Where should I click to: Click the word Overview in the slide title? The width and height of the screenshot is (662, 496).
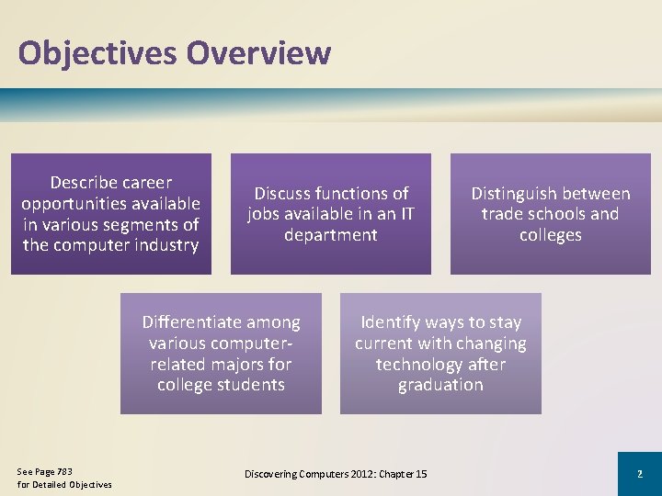pyautogui.click(x=258, y=53)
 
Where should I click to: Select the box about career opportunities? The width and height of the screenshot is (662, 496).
pyautogui.click(x=111, y=213)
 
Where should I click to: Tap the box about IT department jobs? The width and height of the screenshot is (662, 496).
pyautogui.click(x=330, y=213)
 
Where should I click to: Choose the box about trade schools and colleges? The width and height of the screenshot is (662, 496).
pyautogui.click(x=550, y=213)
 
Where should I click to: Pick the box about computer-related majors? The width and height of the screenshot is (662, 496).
pyautogui.click(x=221, y=354)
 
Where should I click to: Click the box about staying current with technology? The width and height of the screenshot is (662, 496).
pyautogui.click(x=440, y=354)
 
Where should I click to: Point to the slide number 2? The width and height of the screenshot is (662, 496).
pyautogui.click(x=639, y=474)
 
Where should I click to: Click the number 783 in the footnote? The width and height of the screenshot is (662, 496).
pyautogui.click(x=63, y=471)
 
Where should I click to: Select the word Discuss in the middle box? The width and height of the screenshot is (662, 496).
pyautogui.click(x=282, y=194)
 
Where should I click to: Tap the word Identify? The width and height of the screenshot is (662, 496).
pyautogui.click(x=393, y=322)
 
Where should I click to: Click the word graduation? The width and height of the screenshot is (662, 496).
pyautogui.click(x=440, y=385)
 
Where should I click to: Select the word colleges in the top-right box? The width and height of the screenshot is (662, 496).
pyautogui.click(x=550, y=235)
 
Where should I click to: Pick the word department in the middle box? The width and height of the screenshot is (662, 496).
pyautogui.click(x=330, y=235)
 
